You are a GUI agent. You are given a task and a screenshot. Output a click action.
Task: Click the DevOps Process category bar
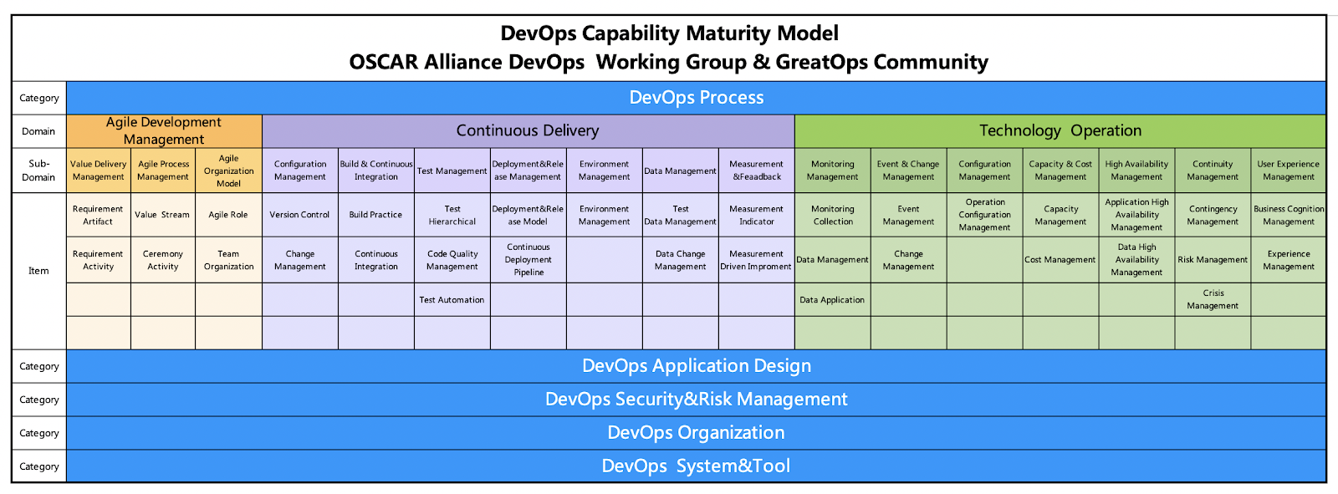696,98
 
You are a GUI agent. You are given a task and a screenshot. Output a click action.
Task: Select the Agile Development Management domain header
164,131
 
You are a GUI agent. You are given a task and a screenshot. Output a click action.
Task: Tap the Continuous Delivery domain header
528,131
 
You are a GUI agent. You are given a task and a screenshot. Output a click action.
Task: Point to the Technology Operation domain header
1060,131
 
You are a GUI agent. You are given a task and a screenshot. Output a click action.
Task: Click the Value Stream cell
162,215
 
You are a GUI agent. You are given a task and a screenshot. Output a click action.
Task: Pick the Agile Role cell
228,215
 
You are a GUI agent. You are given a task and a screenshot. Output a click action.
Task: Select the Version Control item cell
299,215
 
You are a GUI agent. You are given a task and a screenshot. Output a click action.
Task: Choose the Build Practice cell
375,215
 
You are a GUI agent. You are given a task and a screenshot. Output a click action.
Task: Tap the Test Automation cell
452,300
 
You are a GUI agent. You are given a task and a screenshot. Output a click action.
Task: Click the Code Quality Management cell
452,260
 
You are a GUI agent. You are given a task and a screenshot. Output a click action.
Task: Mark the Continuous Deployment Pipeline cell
529,260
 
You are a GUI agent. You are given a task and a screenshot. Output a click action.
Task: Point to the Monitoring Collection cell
833,216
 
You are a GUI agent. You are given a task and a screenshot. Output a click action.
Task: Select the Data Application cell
832,300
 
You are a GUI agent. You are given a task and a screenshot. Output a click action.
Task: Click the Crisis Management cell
1213,299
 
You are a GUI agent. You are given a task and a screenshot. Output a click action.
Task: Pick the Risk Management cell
1213,260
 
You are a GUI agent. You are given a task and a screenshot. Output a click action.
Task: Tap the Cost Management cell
1060,260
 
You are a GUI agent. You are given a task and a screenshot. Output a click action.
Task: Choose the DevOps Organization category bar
696,433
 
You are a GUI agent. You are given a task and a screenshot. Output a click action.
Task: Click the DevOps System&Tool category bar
696,466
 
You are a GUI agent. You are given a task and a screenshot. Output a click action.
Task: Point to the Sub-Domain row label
38,171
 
